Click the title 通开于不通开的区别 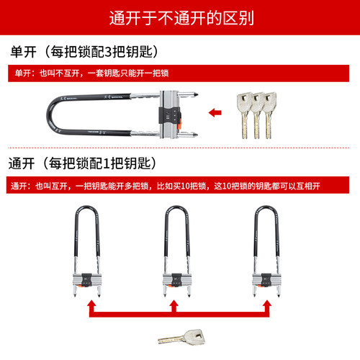179,17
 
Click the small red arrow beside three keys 214,112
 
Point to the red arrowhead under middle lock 174,305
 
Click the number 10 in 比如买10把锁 187,186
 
